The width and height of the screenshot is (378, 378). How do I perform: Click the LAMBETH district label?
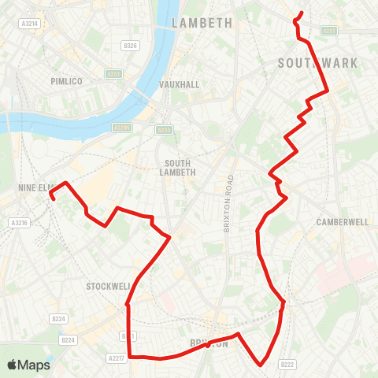click(202, 23)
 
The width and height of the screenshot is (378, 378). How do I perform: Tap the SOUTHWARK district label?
click(317, 62)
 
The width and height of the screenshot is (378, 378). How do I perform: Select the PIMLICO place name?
click(66, 81)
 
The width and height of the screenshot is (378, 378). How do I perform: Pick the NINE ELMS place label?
click(35, 187)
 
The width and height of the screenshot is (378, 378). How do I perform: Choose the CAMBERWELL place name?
click(343, 222)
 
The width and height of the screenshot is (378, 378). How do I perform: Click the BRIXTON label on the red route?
click(209, 343)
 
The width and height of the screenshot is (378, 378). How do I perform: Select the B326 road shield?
click(130, 46)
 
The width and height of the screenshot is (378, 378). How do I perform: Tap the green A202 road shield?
click(113, 74)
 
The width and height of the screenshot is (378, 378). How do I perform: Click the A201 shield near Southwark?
click(328, 31)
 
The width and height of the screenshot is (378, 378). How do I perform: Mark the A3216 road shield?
click(19, 224)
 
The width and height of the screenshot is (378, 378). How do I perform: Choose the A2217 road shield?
click(116, 357)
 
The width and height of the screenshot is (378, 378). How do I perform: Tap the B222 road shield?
click(287, 364)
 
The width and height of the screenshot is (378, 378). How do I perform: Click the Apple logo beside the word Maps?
click(13, 365)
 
